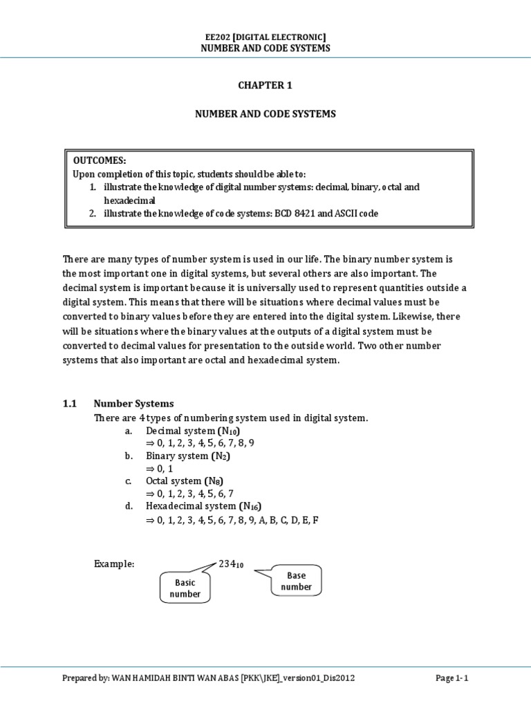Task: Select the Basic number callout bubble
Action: pos(185,588)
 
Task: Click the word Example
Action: pos(113,564)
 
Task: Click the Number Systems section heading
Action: pos(134,404)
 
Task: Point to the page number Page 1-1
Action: pos(452,678)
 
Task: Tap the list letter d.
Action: pos(129,506)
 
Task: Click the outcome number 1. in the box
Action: pos(92,187)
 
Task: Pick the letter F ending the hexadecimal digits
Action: pos(315,519)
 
